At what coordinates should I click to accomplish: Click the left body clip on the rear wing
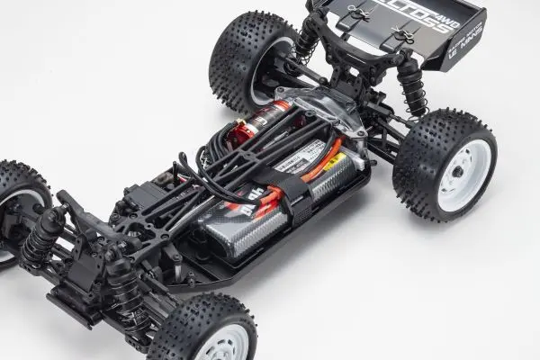[x=352, y=13]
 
